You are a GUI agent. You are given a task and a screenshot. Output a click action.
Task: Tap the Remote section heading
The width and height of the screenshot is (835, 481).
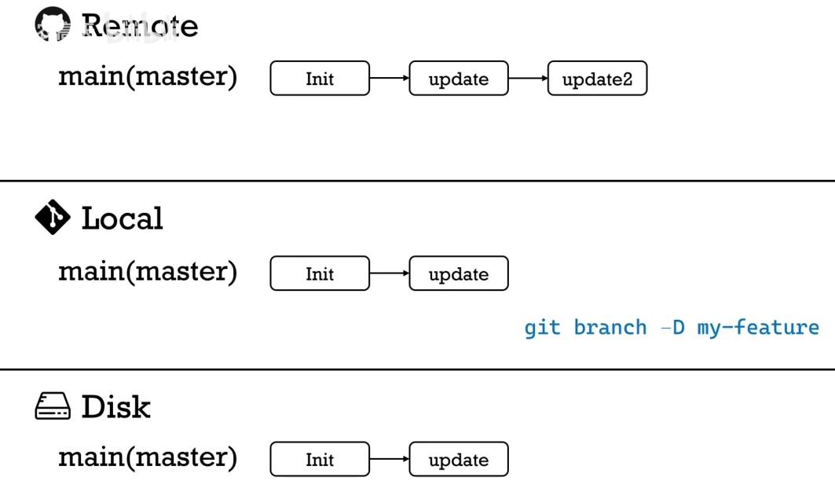point(140,26)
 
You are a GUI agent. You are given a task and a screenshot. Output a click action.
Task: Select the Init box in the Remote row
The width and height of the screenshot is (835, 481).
point(320,79)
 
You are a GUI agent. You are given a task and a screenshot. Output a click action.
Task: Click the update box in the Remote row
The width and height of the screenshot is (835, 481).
point(459,79)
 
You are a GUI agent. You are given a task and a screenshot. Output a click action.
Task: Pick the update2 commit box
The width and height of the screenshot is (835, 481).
point(597,79)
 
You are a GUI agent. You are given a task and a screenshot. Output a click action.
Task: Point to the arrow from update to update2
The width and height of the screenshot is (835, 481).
point(528,79)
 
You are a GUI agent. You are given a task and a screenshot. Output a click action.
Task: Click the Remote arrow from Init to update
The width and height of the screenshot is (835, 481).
point(389,79)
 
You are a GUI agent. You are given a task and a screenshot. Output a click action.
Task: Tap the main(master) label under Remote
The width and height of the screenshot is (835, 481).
point(148,77)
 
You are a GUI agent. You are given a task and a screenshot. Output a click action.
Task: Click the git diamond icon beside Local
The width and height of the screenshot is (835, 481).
point(53,218)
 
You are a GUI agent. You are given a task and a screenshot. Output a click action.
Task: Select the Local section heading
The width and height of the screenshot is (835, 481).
point(122,218)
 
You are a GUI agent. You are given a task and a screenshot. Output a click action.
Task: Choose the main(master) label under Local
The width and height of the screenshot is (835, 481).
point(148,271)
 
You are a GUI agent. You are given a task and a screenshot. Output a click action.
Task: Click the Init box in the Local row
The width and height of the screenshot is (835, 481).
point(320,274)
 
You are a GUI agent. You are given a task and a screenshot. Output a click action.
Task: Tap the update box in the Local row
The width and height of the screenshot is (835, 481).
point(459,274)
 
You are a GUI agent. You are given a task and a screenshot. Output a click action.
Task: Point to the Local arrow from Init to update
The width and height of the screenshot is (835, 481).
point(389,274)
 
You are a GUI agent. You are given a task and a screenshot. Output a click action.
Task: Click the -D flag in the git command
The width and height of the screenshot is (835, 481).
point(672,327)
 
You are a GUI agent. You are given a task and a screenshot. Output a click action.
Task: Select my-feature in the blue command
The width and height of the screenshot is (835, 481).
point(758,327)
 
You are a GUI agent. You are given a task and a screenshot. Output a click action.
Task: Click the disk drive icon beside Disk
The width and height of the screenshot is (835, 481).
point(53,407)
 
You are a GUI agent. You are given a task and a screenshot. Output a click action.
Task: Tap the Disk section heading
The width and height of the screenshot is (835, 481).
point(115,407)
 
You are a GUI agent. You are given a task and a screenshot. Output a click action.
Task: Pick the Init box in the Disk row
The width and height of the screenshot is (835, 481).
point(320,460)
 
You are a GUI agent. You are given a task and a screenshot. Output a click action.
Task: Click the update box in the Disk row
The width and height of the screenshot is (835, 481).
point(459,460)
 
